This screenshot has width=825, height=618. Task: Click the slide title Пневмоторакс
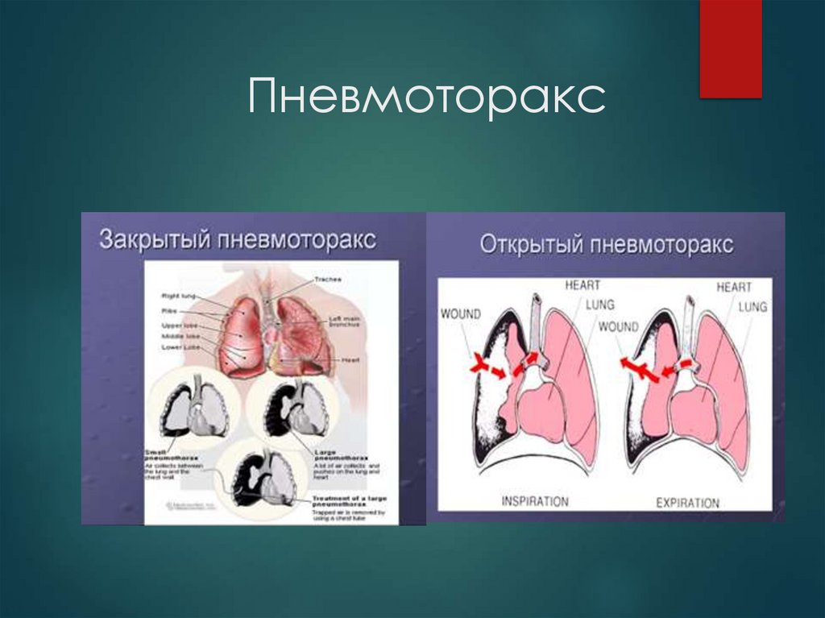point(426,97)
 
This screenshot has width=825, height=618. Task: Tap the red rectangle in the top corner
point(730,48)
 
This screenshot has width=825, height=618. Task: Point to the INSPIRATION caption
point(534,501)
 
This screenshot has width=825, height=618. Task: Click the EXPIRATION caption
point(687,503)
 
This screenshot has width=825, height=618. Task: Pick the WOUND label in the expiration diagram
point(618,327)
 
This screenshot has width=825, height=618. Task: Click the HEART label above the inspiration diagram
point(582,285)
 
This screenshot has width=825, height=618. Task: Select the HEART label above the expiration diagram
point(734,287)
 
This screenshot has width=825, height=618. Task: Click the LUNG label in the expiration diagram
point(752,307)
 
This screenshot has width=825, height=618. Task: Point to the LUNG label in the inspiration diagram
point(600,305)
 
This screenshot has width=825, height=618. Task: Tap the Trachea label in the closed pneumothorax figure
point(328,279)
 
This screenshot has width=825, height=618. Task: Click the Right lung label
point(178,296)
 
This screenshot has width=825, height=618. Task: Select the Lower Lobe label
point(180,346)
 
